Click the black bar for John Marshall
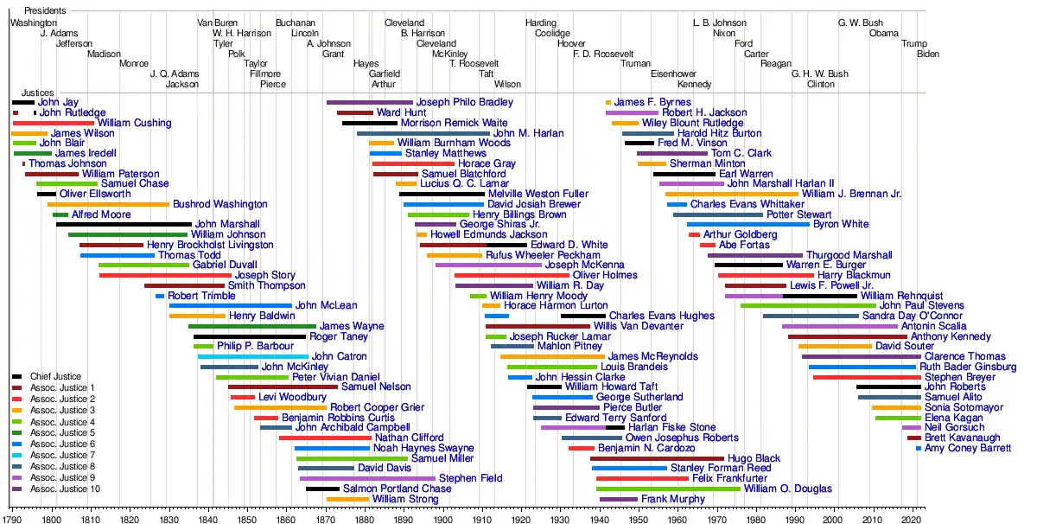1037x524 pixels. pos(124,224)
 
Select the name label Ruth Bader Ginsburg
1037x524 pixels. pos(968,367)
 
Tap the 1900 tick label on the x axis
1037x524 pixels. pos(442,520)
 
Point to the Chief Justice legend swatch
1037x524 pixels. pos(17,377)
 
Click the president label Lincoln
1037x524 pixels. pos(304,33)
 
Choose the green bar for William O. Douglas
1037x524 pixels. pos(668,489)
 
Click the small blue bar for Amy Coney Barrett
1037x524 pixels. pos(919,449)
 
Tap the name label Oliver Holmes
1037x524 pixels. pos(605,275)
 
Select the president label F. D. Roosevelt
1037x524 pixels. pos(603,54)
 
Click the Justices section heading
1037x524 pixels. pos(37,93)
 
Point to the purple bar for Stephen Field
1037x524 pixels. pos(367,478)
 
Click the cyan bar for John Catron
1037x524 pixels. pos(252,357)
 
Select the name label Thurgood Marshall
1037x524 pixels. pos(849,255)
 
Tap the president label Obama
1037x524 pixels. pos(883,33)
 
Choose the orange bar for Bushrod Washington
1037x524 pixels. pos(108,204)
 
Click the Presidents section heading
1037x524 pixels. pos(45,10)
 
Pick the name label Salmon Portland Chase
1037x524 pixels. pos(397,489)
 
